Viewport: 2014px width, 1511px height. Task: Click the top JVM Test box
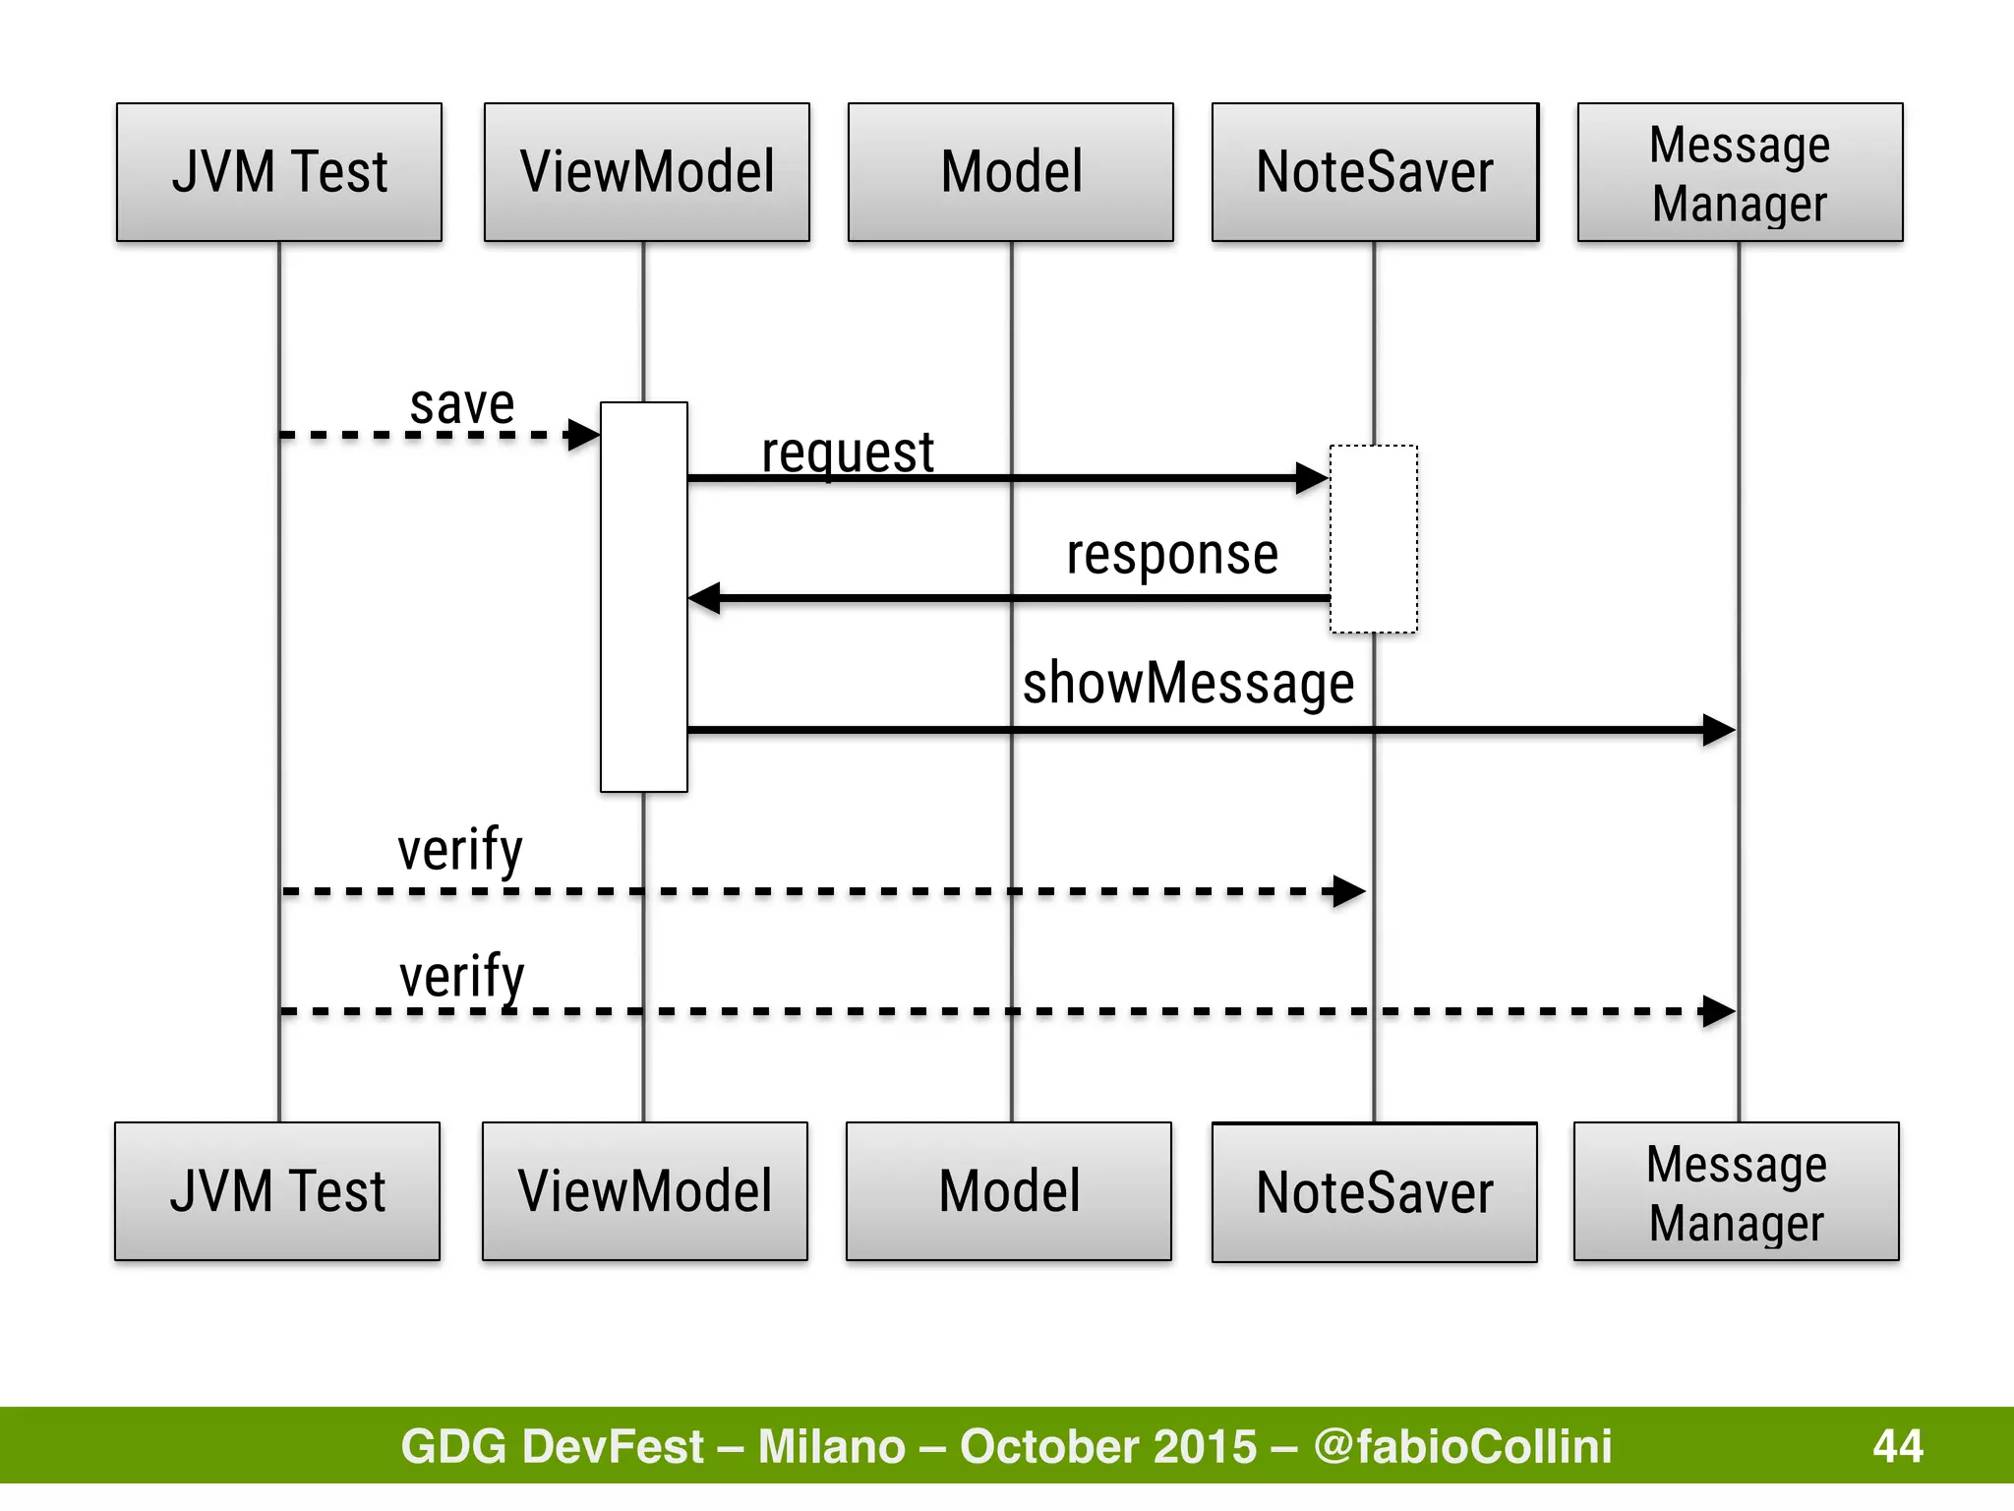click(279, 172)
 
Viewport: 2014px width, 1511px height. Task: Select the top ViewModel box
click(647, 172)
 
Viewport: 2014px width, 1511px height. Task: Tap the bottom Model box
click(1009, 1191)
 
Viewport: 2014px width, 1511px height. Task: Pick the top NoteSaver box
click(1375, 172)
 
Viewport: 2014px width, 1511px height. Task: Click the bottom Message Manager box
click(1737, 1191)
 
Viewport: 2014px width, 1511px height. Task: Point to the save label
click(462, 404)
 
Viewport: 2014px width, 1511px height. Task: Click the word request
click(848, 453)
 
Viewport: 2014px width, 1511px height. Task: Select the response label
click(1172, 554)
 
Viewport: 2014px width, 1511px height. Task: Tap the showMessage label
click(1188, 683)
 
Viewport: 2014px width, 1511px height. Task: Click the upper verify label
click(460, 850)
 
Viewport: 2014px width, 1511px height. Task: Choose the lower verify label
click(462, 976)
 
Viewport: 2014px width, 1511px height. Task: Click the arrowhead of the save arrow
click(585, 434)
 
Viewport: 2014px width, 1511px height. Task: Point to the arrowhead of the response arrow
click(704, 597)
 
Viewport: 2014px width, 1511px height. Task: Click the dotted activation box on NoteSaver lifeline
click(1374, 539)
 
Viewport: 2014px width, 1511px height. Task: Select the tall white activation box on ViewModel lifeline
click(644, 596)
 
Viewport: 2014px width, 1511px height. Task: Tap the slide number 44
click(1897, 1446)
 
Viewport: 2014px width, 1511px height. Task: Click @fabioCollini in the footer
click(1462, 1446)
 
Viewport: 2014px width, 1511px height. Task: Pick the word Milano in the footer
click(832, 1446)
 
